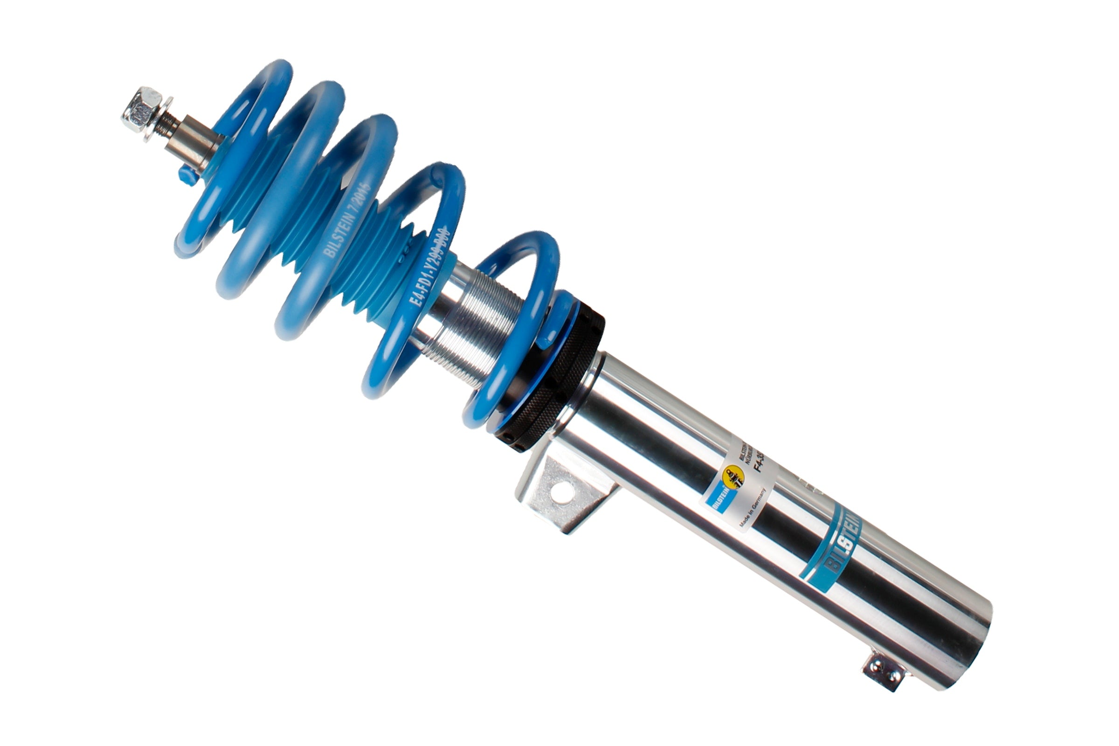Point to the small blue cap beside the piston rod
[x=187, y=175]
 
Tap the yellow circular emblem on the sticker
[x=732, y=476]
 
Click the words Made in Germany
[x=753, y=508]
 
